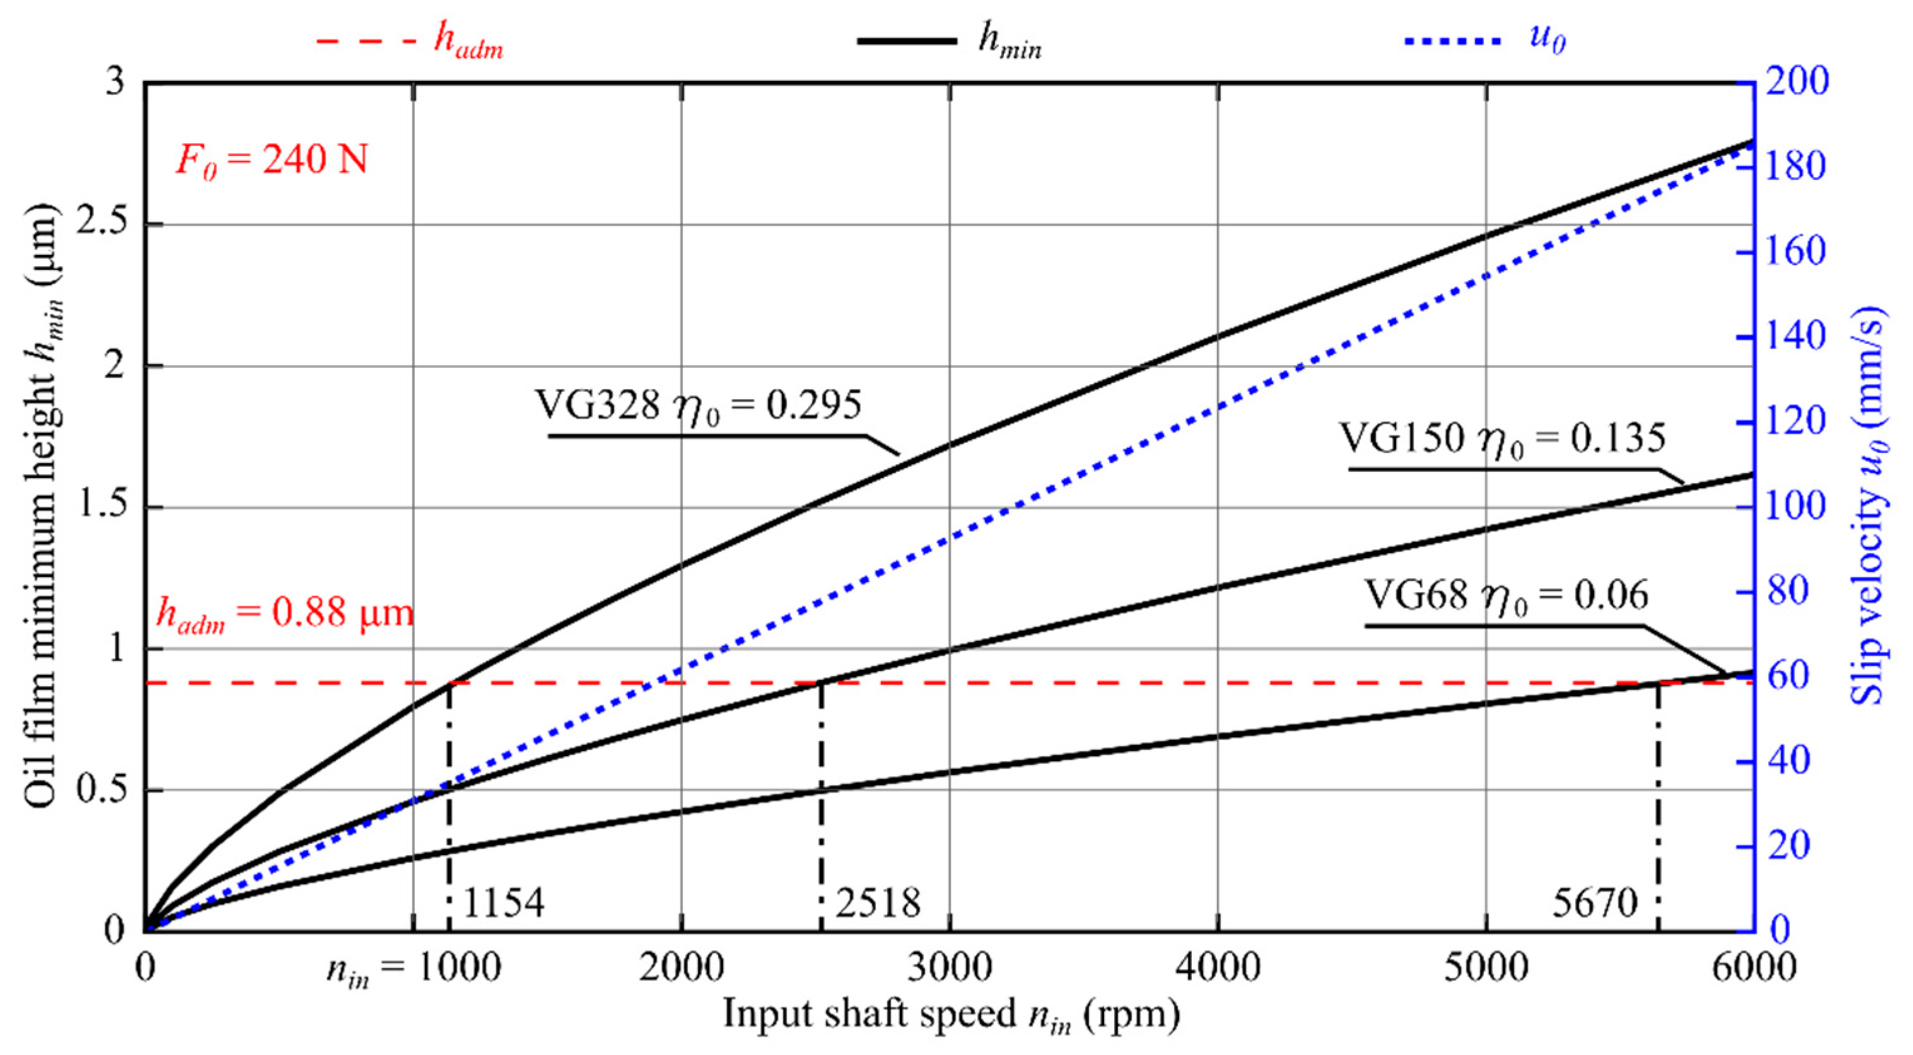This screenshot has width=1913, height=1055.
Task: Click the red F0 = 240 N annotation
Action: [x=272, y=160]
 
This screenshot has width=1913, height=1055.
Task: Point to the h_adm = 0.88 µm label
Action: [x=284, y=615]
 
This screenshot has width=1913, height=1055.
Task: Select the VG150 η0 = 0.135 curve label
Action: [x=1501, y=439]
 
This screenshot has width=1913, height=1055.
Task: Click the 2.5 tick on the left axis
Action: [x=101, y=224]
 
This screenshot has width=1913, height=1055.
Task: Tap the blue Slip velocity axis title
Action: [x=1869, y=505]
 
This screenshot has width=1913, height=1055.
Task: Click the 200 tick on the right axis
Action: [x=1796, y=81]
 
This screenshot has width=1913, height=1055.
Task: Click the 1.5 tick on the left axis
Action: [x=101, y=507]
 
